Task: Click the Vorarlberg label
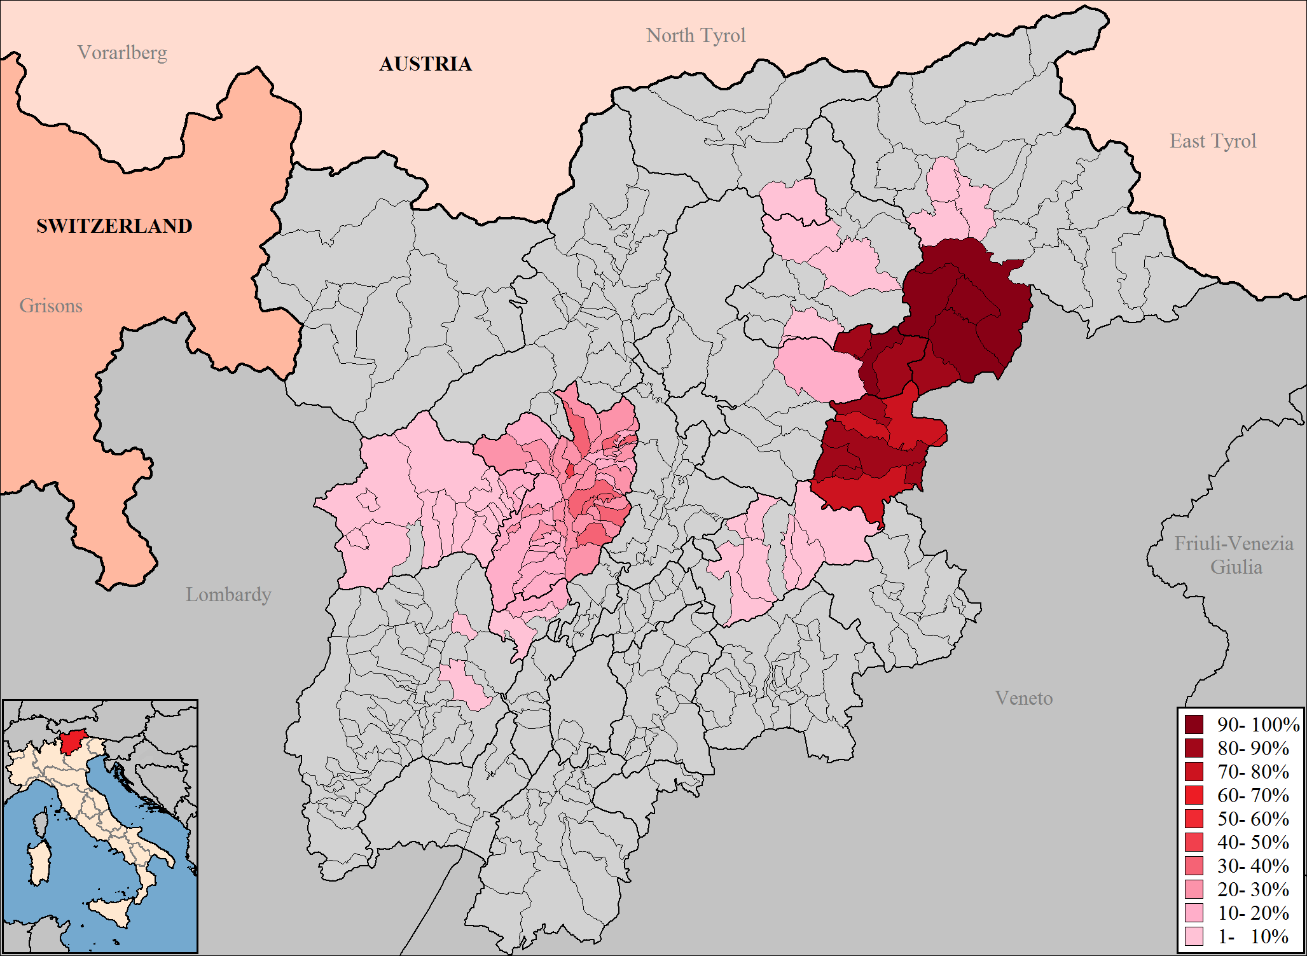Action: coord(122,52)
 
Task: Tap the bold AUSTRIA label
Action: coord(425,64)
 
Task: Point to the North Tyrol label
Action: coord(696,36)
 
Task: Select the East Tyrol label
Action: coord(1213,141)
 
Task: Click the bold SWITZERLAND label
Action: coord(114,226)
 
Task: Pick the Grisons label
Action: coord(51,306)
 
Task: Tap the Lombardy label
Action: coord(228,595)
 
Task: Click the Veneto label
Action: coord(1024,698)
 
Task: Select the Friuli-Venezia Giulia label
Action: coord(1234,555)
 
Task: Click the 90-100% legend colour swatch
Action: coord(1194,724)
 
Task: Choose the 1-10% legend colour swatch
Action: coord(1194,936)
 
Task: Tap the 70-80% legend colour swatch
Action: coord(1194,772)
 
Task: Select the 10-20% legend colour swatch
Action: coord(1194,913)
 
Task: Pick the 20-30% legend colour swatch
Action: coord(1194,889)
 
